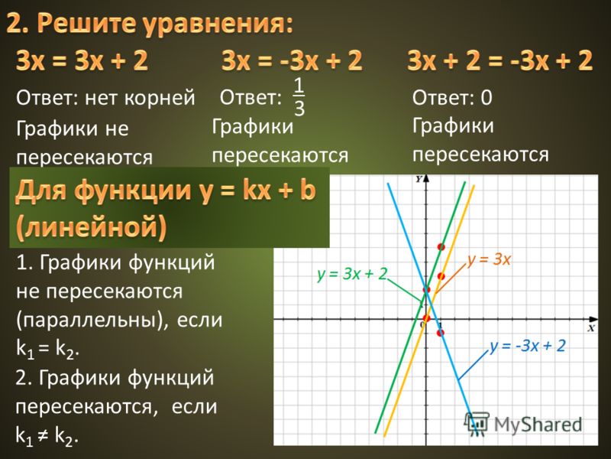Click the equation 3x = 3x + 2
coord(82,61)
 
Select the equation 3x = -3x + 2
coord(292,61)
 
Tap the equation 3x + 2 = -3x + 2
coord(500,61)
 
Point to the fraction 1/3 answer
coord(299,97)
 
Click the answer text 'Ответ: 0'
coord(452,97)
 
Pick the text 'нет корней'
coord(140,97)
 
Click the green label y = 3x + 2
coord(352,274)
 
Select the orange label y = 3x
coord(489,259)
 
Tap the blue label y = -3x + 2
coord(528,346)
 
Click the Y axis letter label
coord(419,179)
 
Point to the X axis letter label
coord(592,328)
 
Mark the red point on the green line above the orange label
coord(441,246)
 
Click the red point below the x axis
coord(441,333)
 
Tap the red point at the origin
coord(426,318)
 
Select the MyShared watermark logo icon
coord(477,422)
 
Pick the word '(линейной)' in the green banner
coord(91,226)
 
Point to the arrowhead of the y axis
coord(426,178)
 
